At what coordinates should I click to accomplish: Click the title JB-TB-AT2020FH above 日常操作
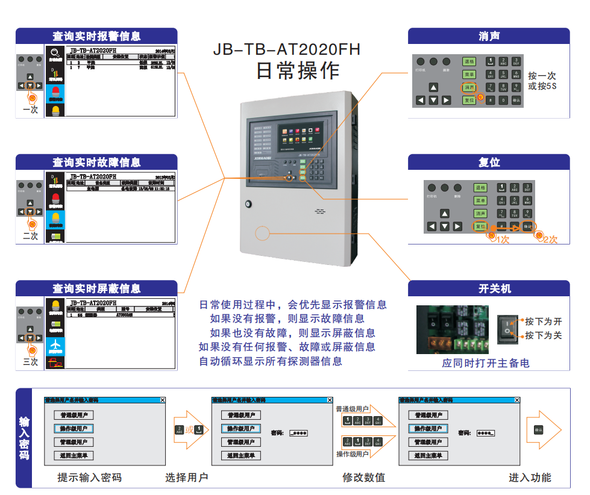pyautogui.click(x=286, y=49)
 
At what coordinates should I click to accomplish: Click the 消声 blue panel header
pyautogui.click(x=489, y=36)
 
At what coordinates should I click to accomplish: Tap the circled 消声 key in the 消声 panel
pyautogui.click(x=469, y=87)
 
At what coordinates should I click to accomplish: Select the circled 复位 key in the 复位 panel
pyautogui.click(x=480, y=226)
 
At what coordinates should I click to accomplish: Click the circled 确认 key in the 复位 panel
pyautogui.click(x=527, y=226)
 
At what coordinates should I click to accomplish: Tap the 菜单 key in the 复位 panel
pyautogui.click(x=480, y=201)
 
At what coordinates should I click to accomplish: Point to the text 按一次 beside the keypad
pyautogui.click(x=542, y=76)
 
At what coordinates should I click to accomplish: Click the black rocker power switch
pyautogui.click(x=507, y=329)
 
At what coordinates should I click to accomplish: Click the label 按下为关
pyautogui.click(x=544, y=335)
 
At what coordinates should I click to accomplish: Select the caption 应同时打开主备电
pyautogui.click(x=485, y=363)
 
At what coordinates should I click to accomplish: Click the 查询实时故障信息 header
pyautogui.click(x=96, y=163)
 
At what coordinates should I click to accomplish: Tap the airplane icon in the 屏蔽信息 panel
pyautogui.click(x=55, y=344)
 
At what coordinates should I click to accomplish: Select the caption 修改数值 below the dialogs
pyautogui.click(x=363, y=478)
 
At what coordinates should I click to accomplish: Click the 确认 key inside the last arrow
pyautogui.click(x=539, y=429)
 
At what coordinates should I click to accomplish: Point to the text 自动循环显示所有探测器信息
pyautogui.click(x=271, y=361)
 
